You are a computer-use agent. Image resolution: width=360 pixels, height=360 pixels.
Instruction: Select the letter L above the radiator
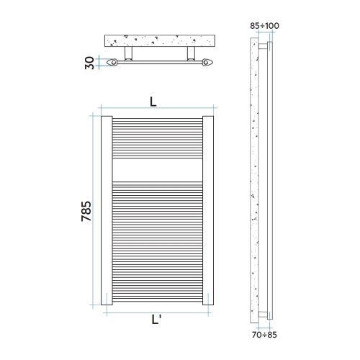coord(153,102)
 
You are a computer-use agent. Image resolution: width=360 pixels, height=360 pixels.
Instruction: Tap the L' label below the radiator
coord(158,323)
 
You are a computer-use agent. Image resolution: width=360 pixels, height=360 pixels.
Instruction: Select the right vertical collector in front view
coord(210,209)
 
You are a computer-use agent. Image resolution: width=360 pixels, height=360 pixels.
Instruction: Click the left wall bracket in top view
coord(128,55)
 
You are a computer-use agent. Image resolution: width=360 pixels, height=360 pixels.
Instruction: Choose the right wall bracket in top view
coord(191,55)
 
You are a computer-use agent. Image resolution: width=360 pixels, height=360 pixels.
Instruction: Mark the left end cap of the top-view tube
coord(111,63)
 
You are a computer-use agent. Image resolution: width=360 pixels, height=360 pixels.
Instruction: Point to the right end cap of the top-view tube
coord(208,63)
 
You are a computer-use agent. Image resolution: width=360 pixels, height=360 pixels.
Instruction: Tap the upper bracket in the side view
coord(268,46)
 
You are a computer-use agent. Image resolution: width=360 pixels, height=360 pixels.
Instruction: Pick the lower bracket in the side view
coord(268,314)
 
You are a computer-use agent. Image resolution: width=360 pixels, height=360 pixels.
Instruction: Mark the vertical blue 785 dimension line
coord(94,209)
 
